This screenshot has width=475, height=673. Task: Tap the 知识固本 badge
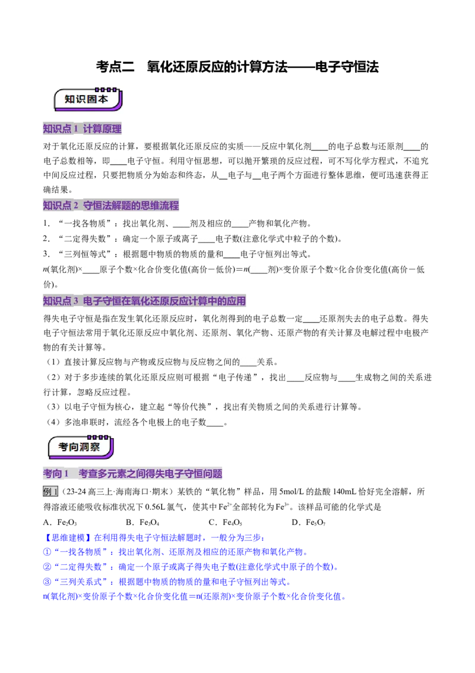88,99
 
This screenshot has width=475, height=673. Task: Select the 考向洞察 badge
81,447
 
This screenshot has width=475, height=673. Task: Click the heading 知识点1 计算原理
83,128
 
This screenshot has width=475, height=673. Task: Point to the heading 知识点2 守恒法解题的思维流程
111,205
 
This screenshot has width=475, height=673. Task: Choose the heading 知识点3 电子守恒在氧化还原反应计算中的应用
144,301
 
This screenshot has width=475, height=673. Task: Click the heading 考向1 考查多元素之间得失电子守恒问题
132,473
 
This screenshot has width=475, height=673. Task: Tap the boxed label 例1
50,492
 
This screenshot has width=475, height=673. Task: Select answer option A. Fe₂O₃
60,523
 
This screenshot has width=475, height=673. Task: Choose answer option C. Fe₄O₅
226,523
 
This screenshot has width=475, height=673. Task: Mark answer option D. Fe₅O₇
309,523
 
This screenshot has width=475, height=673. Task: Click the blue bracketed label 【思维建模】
68,537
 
